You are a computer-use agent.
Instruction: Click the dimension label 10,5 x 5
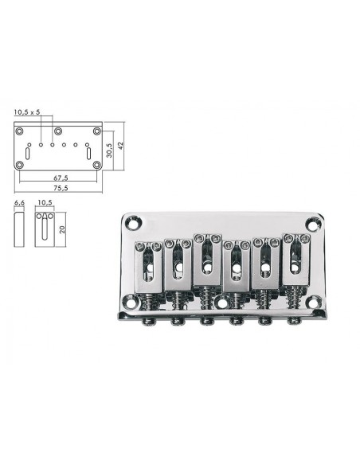point(27,111)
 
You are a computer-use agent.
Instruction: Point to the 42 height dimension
point(120,145)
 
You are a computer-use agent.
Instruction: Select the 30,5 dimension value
point(109,150)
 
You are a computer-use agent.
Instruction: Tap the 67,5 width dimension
point(61,178)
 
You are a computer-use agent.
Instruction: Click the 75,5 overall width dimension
point(61,187)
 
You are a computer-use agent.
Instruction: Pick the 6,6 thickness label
point(19,202)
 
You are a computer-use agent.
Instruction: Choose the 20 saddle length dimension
point(62,229)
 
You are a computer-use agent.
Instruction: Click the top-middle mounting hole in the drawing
point(58,131)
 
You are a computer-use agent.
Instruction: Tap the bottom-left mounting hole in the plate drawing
point(20,165)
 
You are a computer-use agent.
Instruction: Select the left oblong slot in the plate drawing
point(28,154)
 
